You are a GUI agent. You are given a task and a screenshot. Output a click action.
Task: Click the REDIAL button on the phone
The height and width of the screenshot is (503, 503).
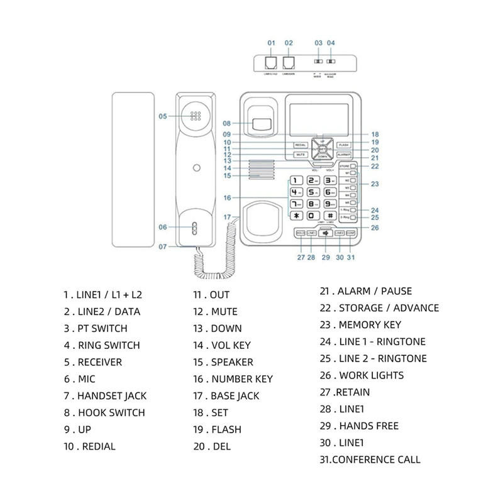(x=300, y=145)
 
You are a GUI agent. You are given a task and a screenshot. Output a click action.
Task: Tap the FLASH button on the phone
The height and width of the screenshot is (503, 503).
(x=343, y=145)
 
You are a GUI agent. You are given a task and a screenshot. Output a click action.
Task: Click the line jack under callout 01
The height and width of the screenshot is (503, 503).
(x=272, y=63)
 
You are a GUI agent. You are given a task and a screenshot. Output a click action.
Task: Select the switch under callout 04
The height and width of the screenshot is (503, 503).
(x=331, y=63)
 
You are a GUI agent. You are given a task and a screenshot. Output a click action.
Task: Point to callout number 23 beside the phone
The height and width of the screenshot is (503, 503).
(x=375, y=184)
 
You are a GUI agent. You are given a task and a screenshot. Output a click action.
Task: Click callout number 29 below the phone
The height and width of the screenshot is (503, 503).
(x=325, y=257)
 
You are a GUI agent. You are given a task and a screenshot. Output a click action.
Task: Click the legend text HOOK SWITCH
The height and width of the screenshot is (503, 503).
(x=111, y=413)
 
